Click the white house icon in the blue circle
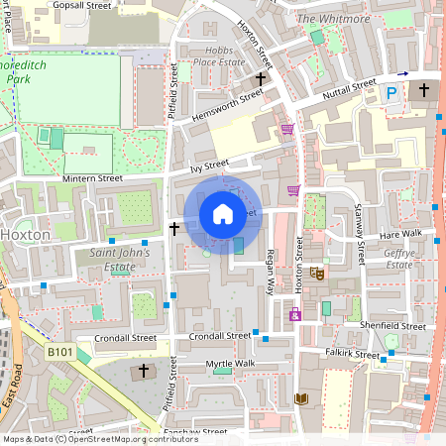(x=223, y=213)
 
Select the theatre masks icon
(x=317, y=273)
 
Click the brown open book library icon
(x=301, y=398)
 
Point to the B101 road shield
(x=61, y=351)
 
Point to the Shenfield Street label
(x=394, y=325)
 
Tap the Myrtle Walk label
(x=230, y=364)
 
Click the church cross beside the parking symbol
(x=423, y=90)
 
